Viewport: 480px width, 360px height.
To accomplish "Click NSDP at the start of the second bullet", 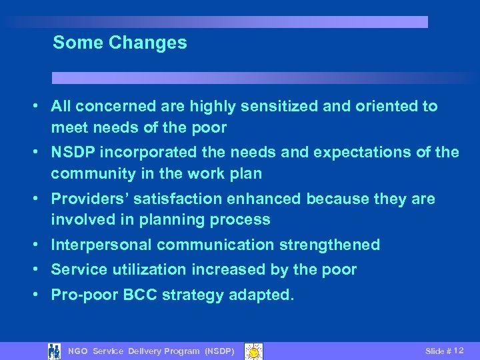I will [73, 153].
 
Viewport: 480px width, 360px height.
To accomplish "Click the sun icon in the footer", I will [254, 351].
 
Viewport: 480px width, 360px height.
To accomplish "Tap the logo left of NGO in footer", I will [55, 351].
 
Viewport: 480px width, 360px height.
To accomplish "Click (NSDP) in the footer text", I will [219, 351].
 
